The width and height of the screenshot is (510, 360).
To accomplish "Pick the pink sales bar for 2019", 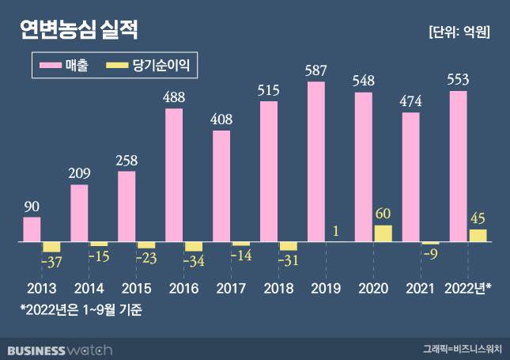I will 315,161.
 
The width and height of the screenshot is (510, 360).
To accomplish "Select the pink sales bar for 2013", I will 32,229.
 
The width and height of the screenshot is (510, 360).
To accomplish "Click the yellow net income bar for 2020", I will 383,233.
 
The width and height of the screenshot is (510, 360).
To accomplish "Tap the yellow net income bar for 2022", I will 478,235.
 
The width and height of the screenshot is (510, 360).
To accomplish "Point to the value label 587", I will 315,70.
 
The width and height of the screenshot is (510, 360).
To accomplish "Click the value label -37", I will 52,260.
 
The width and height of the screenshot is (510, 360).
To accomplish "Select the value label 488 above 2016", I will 174,97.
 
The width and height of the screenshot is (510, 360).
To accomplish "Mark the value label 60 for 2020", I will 383,214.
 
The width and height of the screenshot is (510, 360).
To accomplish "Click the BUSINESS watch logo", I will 60,348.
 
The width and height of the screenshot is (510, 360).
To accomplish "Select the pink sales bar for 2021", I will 410,177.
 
